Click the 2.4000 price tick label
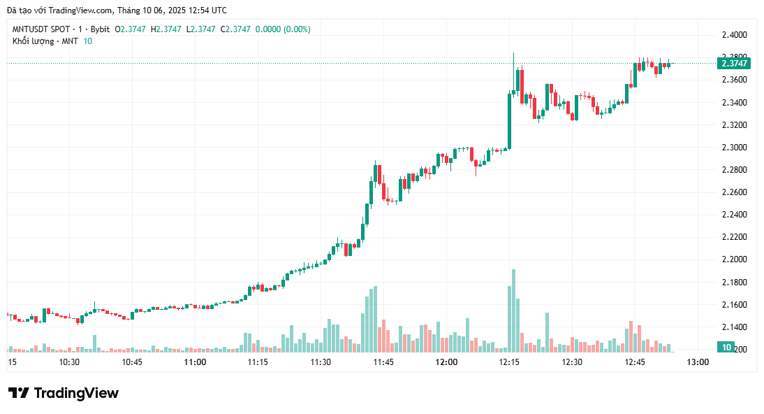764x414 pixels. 734,35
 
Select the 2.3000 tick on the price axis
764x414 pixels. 734,148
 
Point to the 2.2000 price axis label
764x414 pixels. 734,259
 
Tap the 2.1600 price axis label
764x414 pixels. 734,305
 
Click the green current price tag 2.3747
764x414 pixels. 734,64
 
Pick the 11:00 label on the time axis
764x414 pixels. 195,362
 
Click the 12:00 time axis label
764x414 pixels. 446,362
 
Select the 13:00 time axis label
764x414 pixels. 698,362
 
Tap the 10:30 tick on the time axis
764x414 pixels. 70,362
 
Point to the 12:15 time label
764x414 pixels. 509,362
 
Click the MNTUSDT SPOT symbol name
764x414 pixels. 41,29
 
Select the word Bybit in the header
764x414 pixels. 100,29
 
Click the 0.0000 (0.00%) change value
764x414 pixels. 283,29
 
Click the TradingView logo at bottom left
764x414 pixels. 64,393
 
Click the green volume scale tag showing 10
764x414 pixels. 726,348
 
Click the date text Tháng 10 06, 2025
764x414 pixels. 153,10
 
